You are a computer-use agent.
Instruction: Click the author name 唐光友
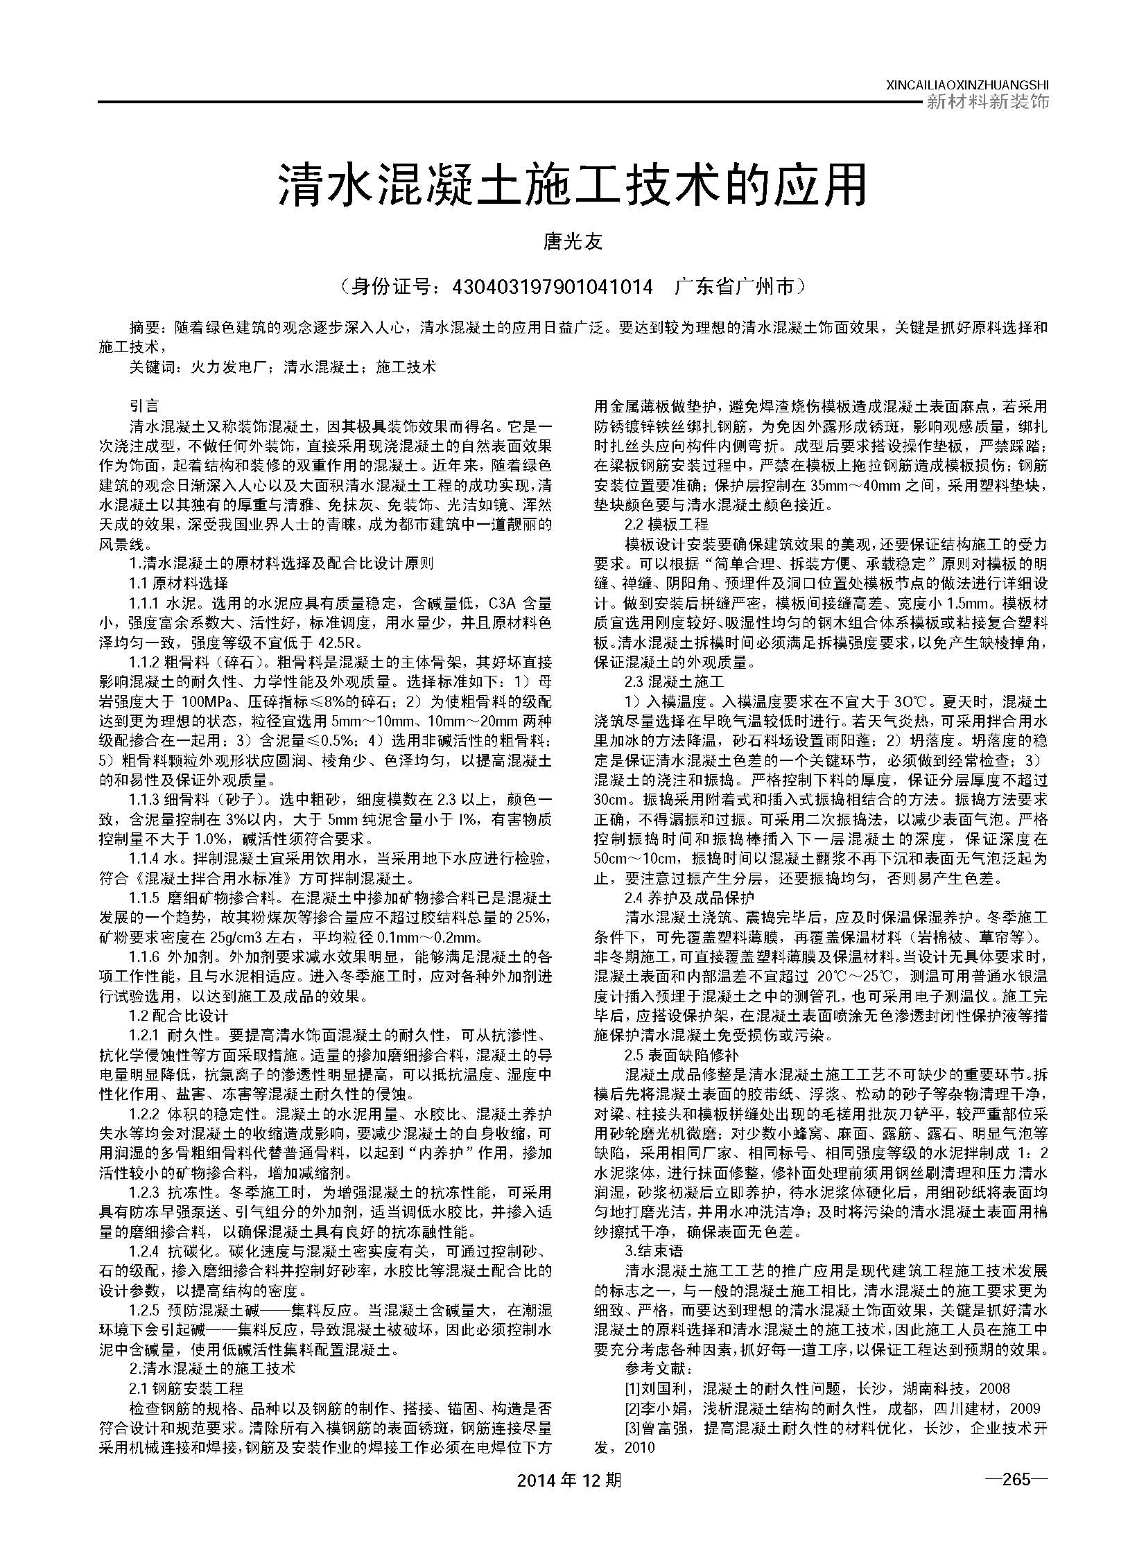tap(572, 242)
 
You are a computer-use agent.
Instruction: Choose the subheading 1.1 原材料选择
tap(179, 582)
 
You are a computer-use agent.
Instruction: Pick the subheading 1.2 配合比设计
tap(179, 1017)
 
